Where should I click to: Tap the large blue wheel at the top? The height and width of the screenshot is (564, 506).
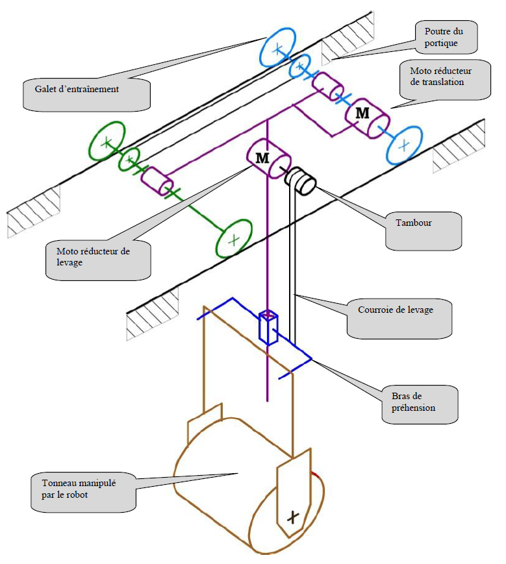(x=277, y=47)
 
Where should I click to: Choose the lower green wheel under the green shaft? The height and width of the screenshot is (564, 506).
(x=234, y=238)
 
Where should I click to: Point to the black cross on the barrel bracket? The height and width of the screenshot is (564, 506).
(x=294, y=516)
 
